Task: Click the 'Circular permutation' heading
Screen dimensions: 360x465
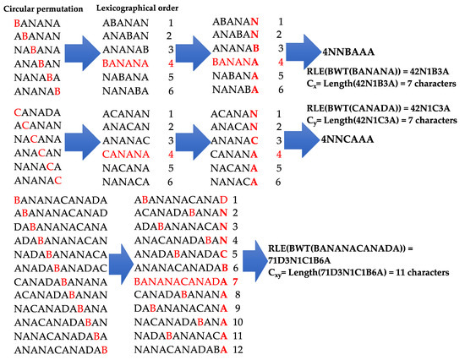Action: point(46,8)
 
